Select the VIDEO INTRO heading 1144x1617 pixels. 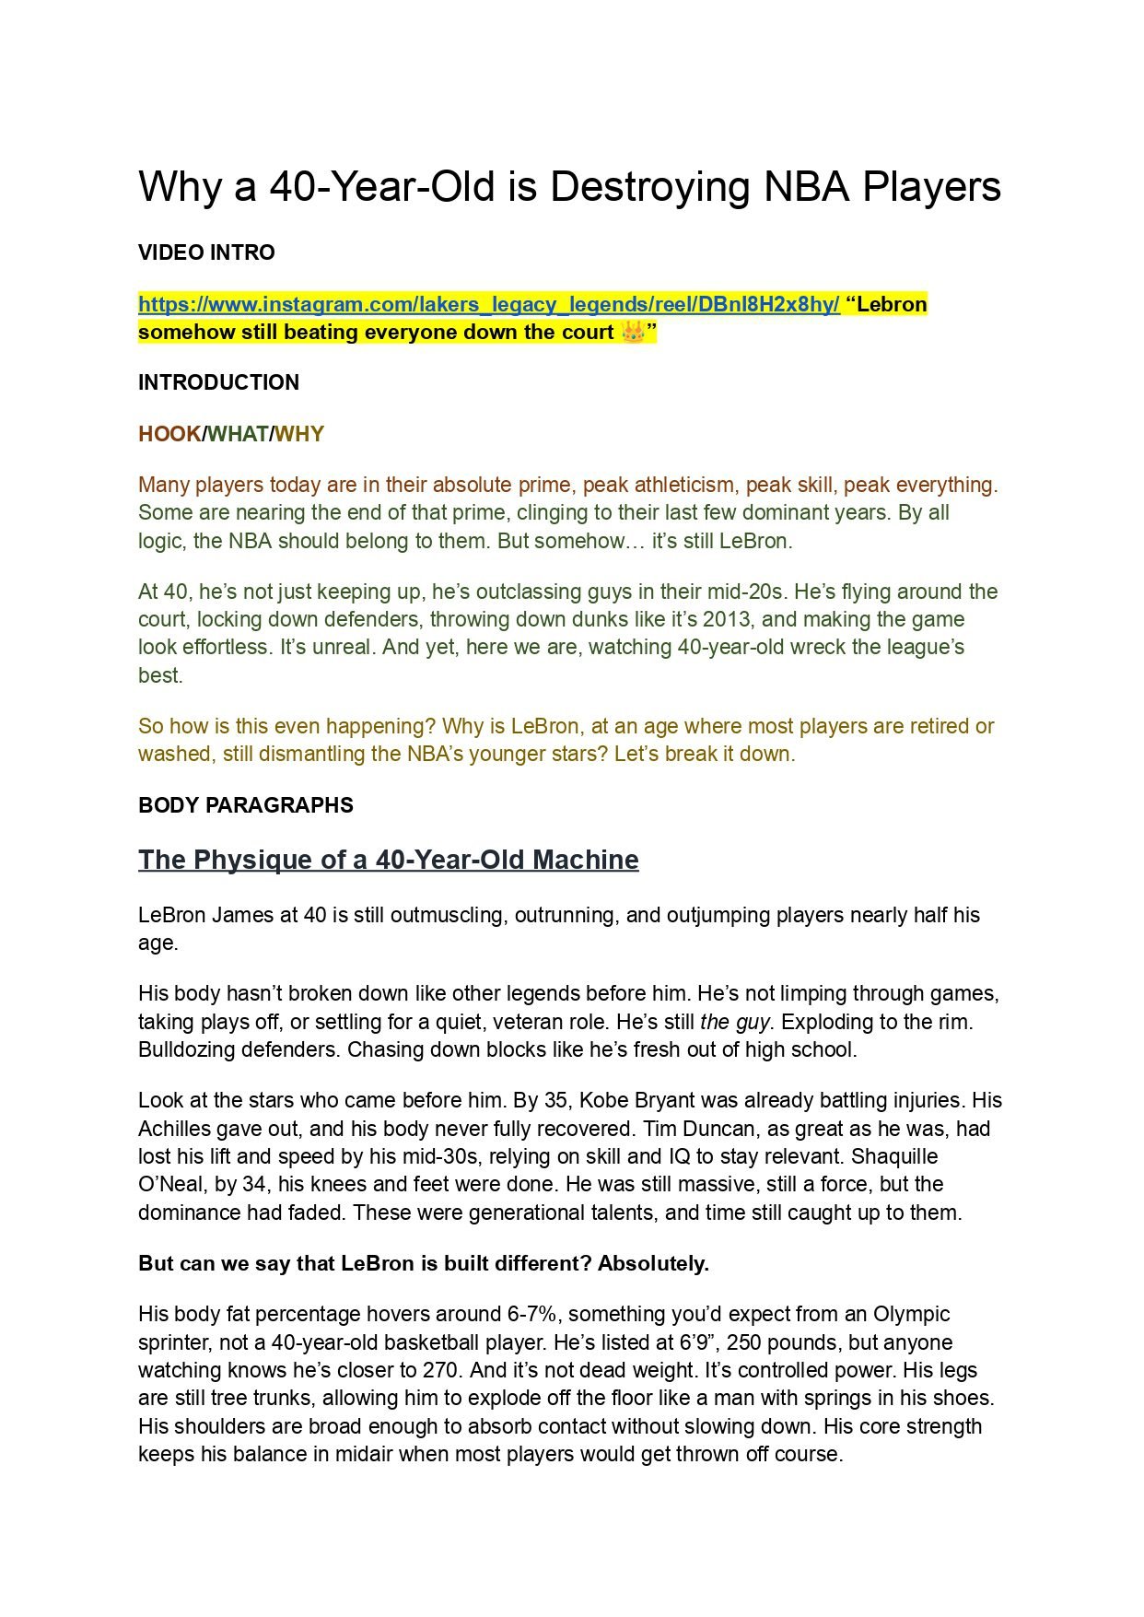click(x=206, y=252)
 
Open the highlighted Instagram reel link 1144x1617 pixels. click(x=488, y=305)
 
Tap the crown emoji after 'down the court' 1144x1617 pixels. click(x=633, y=333)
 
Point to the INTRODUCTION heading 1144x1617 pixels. click(x=218, y=382)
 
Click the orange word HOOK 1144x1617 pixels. click(x=169, y=434)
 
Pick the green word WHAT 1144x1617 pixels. click(x=239, y=434)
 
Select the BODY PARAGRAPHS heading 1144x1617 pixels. click(x=245, y=805)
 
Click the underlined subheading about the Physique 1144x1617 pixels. click(x=388, y=860)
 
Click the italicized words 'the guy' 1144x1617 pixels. click(x=734, y=1022)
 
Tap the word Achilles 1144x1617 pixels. click(x=175, y=1129)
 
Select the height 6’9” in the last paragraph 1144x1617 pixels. click(x=700, y=1342)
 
